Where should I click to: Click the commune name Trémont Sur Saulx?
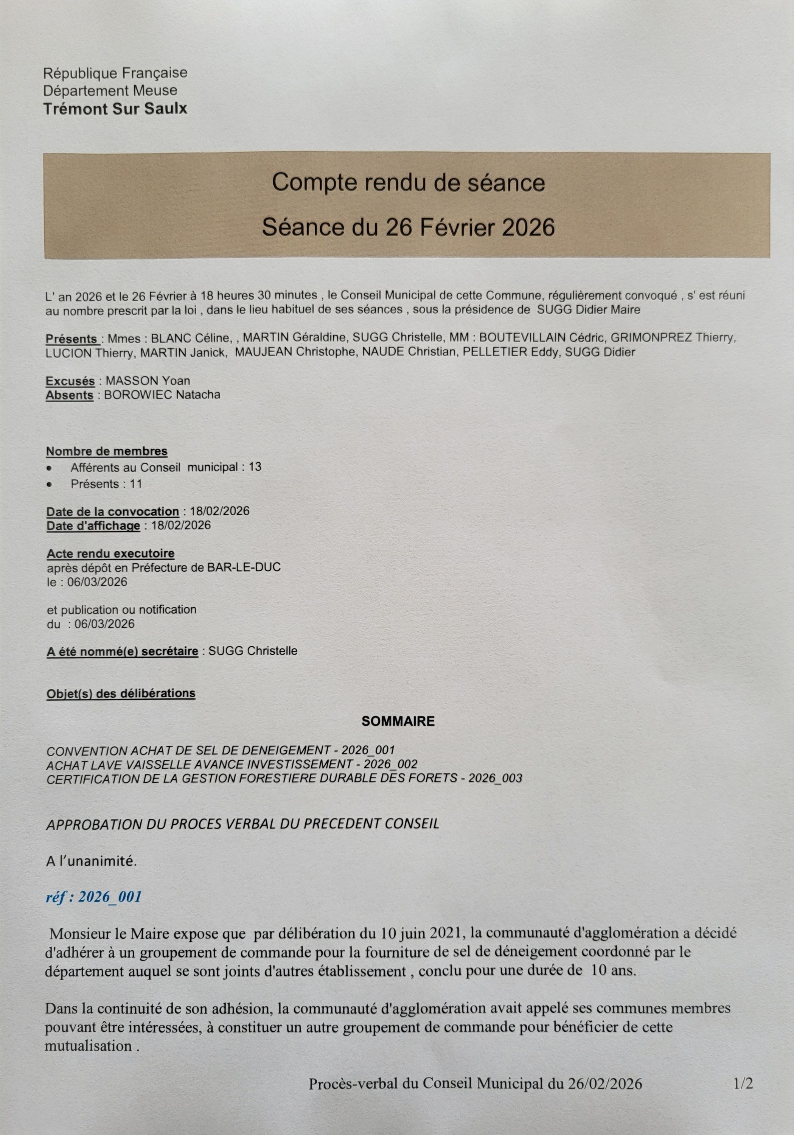(115, 109)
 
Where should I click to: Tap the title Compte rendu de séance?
(409, 182)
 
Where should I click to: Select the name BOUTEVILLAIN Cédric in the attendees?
(542, 338)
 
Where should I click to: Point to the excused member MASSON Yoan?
(147, 381)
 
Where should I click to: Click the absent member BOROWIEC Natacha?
(162, 395)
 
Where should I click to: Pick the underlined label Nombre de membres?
(107, 451)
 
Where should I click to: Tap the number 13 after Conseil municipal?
(255, 467)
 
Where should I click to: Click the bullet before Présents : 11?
(49, 484)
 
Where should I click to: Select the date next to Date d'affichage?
(180, 526)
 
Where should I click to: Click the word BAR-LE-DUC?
(251, 567)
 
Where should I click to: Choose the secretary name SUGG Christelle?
(253, 651)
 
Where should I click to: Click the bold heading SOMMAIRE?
(398, 721)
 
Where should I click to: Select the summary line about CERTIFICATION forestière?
(284, 779)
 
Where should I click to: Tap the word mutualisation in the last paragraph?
(89, 1046)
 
